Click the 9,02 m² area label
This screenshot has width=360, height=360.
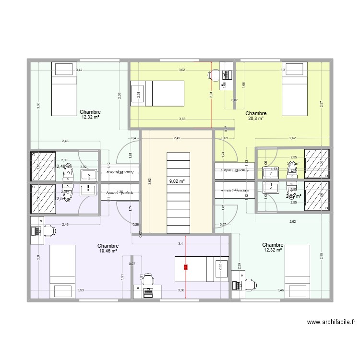tap(177, 181)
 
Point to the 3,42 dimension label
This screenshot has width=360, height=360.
tap(79, 71)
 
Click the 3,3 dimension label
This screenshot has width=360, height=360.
tap(283, 71)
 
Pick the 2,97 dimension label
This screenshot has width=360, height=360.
tap(321, 103)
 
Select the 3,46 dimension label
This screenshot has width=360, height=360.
tap(280, 290)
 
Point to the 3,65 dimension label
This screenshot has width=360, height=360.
tap(182, 119)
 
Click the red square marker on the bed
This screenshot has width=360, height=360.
tap(185, 267)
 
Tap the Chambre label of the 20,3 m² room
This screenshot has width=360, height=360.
tap(256, 114)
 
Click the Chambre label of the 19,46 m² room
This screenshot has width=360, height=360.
tap(108, 245)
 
